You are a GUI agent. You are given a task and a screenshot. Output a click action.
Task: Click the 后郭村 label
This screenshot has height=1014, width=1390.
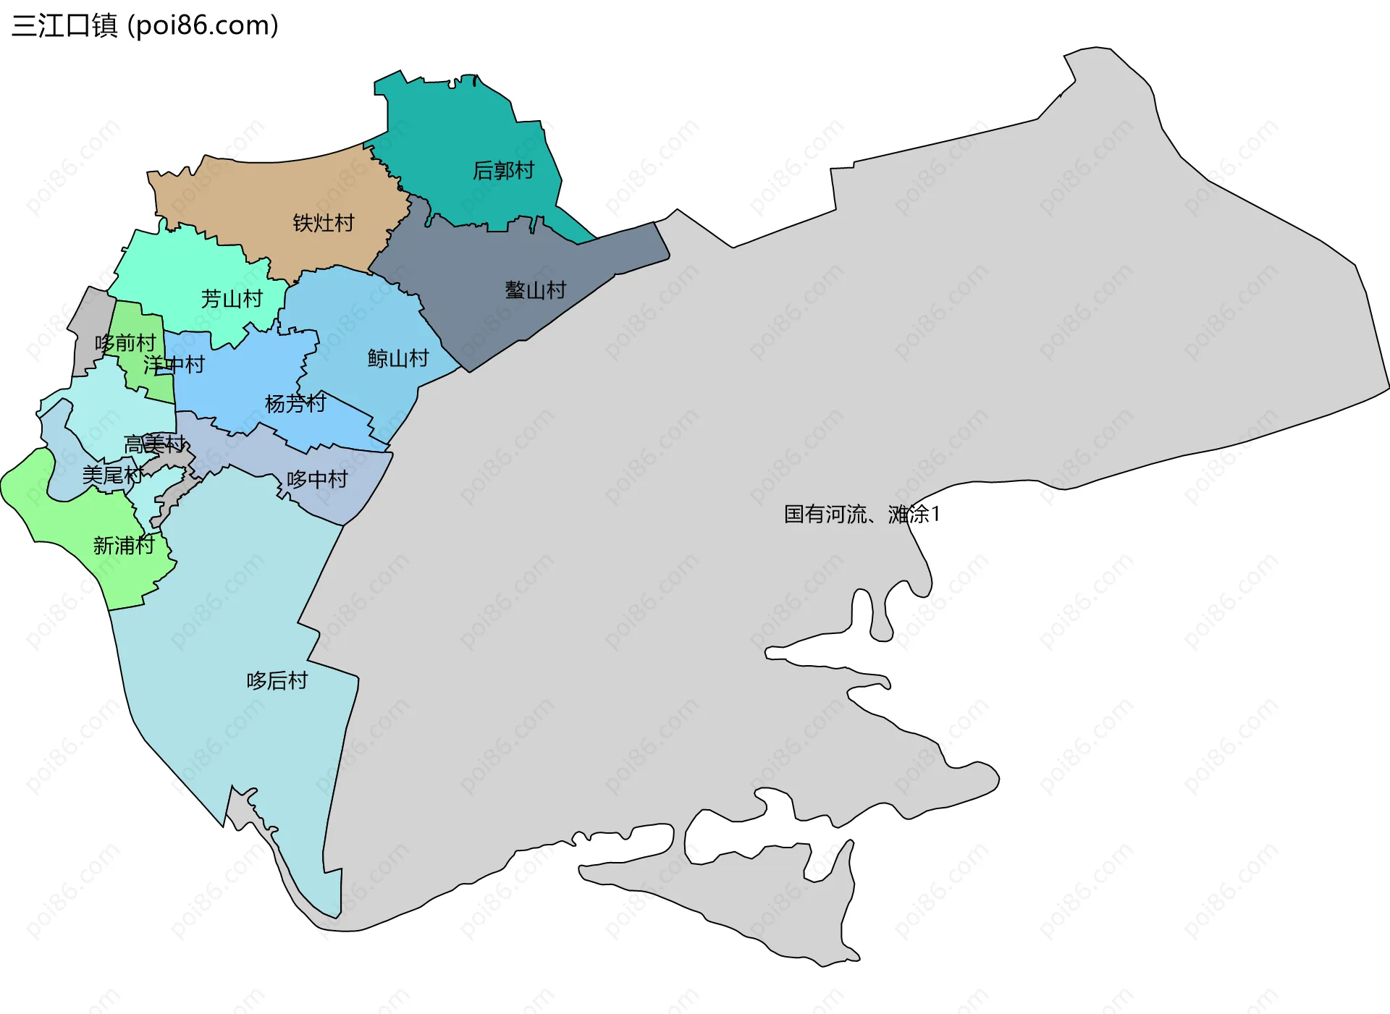(503, 171)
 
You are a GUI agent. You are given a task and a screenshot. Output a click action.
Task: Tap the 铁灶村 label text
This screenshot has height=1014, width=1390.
(324, 223)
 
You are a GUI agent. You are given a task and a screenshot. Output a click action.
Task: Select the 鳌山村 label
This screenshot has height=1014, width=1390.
(535, 291)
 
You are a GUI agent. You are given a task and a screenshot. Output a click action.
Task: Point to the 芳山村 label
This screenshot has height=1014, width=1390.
(232, 299)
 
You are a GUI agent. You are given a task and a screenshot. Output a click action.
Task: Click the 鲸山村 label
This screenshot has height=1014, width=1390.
(398, 358)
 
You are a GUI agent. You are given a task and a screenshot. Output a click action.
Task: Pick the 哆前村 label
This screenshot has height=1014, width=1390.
(125, 343)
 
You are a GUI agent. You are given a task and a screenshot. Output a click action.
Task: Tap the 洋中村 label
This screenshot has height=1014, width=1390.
(174, 365)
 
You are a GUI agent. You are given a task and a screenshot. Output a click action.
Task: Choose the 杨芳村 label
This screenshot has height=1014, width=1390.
(295, 404)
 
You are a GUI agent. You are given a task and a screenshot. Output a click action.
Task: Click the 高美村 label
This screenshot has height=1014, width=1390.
(155, 444)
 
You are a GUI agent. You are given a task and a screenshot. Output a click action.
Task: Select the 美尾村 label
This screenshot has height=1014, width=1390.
(113, 476)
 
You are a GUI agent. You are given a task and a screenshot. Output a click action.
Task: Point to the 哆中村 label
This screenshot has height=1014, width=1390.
(317, 479)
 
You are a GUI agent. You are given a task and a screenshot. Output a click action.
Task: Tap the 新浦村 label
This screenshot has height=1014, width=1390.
(124, 546)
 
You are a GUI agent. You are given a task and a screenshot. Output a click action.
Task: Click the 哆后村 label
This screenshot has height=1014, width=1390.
(277, 681)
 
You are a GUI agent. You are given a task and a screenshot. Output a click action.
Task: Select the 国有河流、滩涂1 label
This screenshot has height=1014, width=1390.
(862, 515)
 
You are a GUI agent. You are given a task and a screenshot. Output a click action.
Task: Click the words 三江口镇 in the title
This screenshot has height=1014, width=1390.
(64, 26)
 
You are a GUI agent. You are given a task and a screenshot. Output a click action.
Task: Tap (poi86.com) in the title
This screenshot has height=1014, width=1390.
(203, 26)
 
